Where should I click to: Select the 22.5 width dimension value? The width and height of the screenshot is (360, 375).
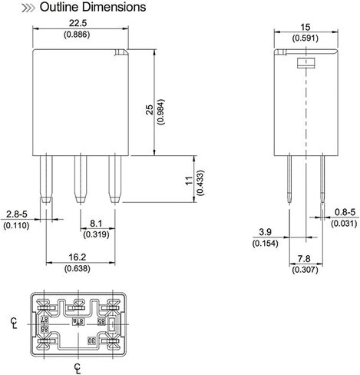coord(80,24)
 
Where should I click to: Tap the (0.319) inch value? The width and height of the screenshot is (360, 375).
coord(95,235)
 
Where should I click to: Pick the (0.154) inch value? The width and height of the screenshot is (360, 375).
coord(265,244)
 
